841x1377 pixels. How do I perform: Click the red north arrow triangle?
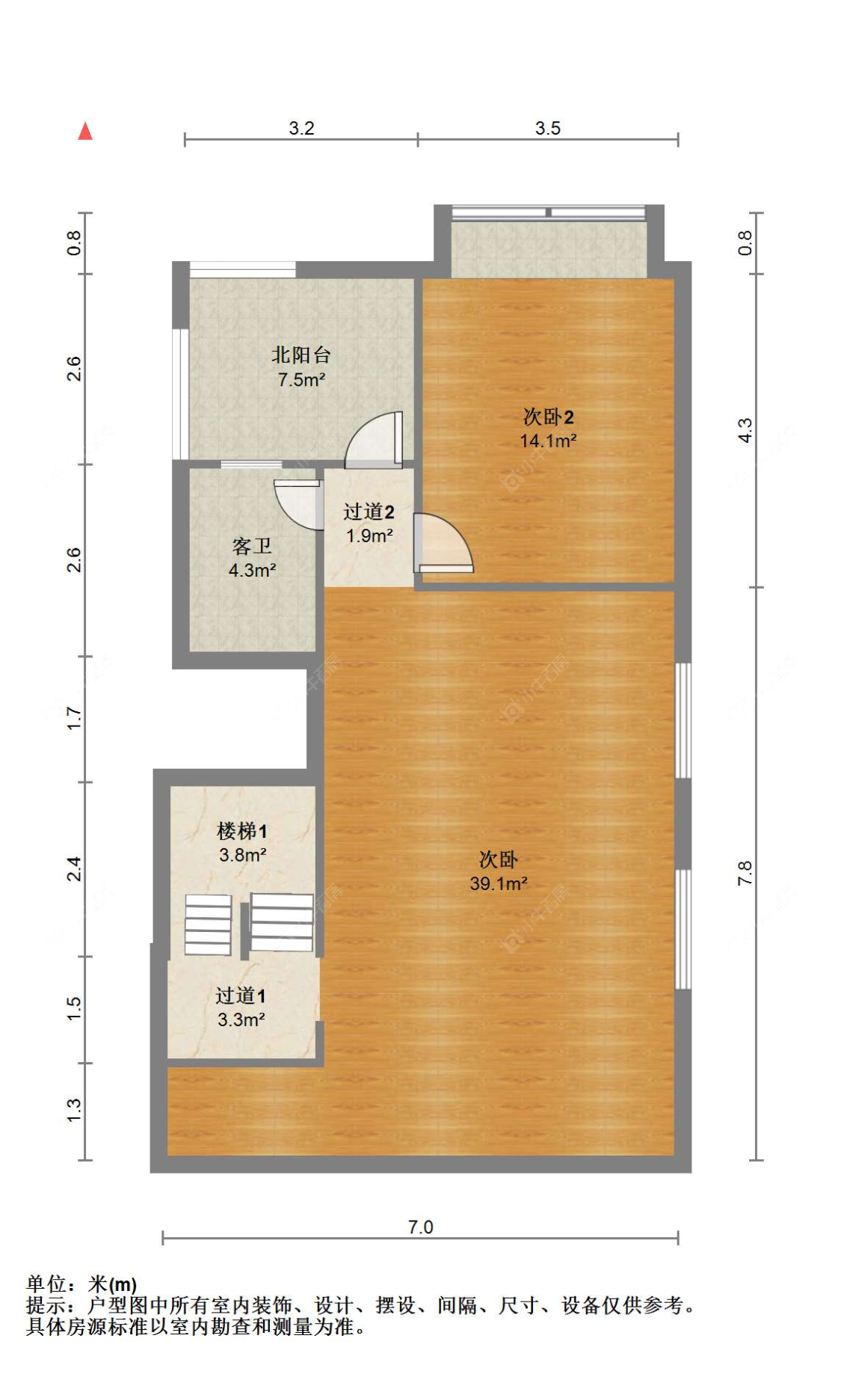(x=85, y=132)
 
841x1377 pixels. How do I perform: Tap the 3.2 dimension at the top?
(x=301, y=128)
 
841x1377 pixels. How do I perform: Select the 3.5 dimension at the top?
(x=547, y=128)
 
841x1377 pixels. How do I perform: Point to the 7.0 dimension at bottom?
(x=420, y=1227)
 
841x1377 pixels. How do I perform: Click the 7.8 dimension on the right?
(x=745, y=873)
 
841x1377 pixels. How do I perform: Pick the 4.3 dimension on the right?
(x=745, y=430)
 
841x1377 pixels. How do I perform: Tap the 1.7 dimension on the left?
(x=74, y=718)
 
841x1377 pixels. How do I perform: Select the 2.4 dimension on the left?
(x=74, y=868)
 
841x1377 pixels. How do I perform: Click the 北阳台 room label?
(x=301, y=355)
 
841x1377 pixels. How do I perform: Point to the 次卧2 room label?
(x=548, y=417)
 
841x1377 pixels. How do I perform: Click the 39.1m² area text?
(x=499, y=883)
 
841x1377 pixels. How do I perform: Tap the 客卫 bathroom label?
(x=251, y=546)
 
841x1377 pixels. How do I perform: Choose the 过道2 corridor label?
(x=369, y=512)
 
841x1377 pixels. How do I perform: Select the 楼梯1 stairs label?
(x=241, y=830)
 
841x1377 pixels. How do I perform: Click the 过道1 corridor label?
(x=240, y=996)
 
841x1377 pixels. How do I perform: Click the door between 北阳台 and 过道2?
(x=376, y=441)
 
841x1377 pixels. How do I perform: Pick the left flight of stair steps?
(x=208, y=924)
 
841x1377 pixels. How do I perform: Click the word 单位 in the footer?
(x=46, y=1284)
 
